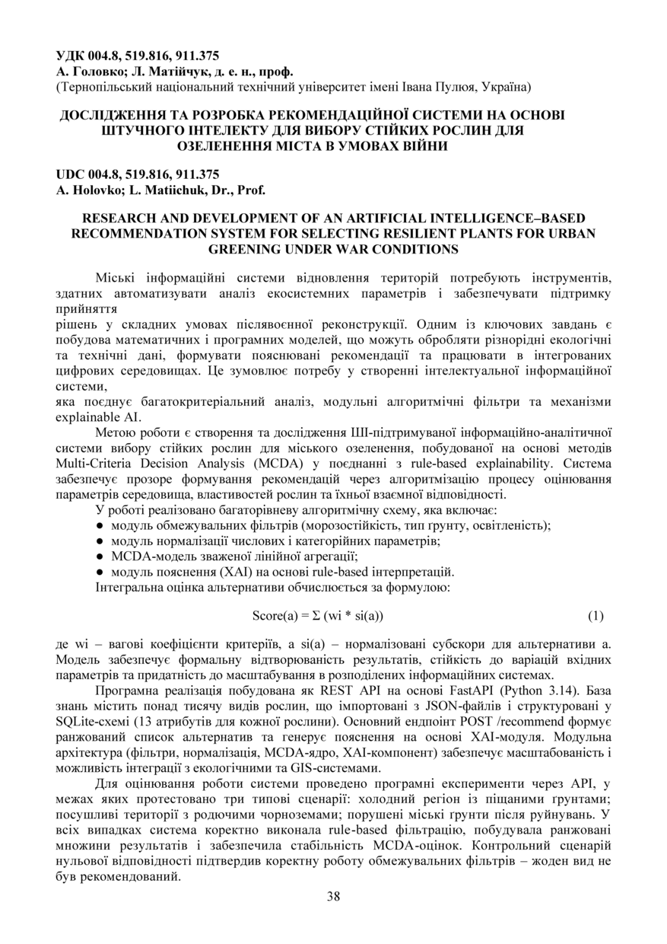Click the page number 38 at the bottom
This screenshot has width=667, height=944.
click(333, 895)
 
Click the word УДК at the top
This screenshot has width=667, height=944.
click(72, 56)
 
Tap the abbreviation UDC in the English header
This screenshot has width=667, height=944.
click(71, 174)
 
